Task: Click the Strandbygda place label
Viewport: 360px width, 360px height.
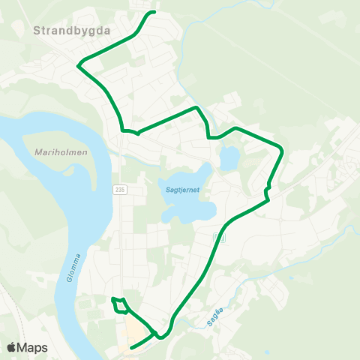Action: (x=72, y=31)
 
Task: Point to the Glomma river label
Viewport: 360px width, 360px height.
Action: (x=78, y=267)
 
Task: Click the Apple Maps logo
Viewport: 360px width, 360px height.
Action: (x=28, y=347)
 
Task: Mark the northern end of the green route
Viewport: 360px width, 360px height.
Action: (x=154, y=13)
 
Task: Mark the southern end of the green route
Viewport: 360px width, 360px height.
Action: (x=131, y=348)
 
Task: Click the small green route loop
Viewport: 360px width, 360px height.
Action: (x=119, y=305)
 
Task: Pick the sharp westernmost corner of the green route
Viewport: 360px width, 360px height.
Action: (x=78, y=66)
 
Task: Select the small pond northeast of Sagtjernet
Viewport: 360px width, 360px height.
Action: (x=229, y=157)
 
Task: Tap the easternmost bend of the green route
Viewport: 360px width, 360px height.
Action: (x=283, y=151)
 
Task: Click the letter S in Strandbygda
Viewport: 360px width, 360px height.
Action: (x=37, y=31)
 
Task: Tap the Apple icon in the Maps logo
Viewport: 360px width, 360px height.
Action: (x=12, y=347)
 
